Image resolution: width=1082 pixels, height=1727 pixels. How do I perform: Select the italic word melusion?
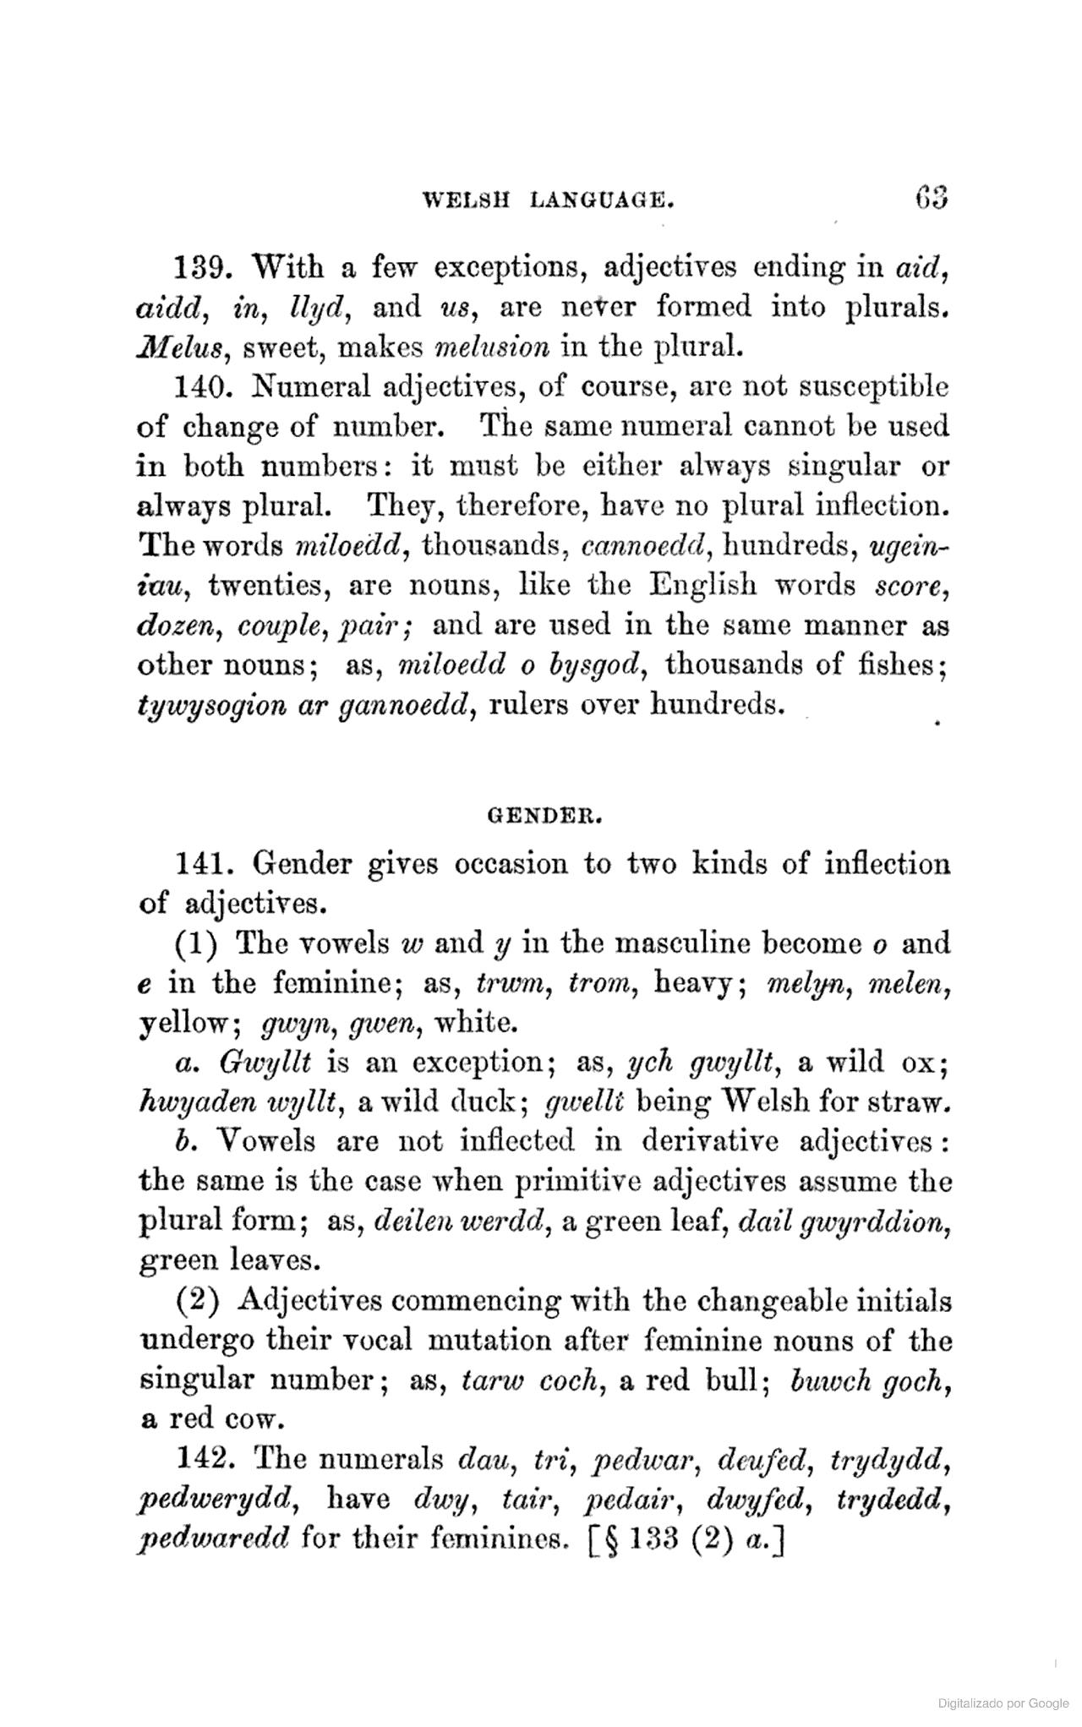click(x=490, y=347)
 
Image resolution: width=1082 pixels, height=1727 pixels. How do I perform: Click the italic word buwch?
click(x=823, y=1381)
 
